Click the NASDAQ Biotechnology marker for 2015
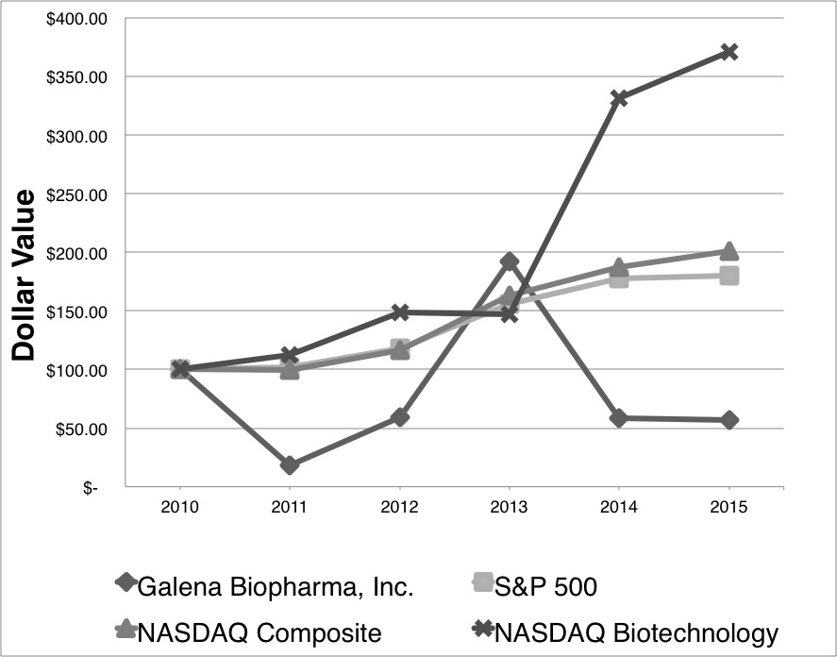click(x=728, y=52)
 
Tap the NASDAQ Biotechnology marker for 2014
click(x=619, y=98)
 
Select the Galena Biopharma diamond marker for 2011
click(x=290, y=465)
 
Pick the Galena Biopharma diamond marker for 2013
click(x=510, y=261)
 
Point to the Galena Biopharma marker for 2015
click(x=728, y=420)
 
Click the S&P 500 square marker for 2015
click(x=728, y=276)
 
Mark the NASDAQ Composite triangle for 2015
click(x=728, y=251)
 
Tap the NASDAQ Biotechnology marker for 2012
click(x=399, y=312)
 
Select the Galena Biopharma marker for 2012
click(x=399, y=416)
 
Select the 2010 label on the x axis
click(x=179, y=508)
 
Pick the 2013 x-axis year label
click(x=510, y=508)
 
